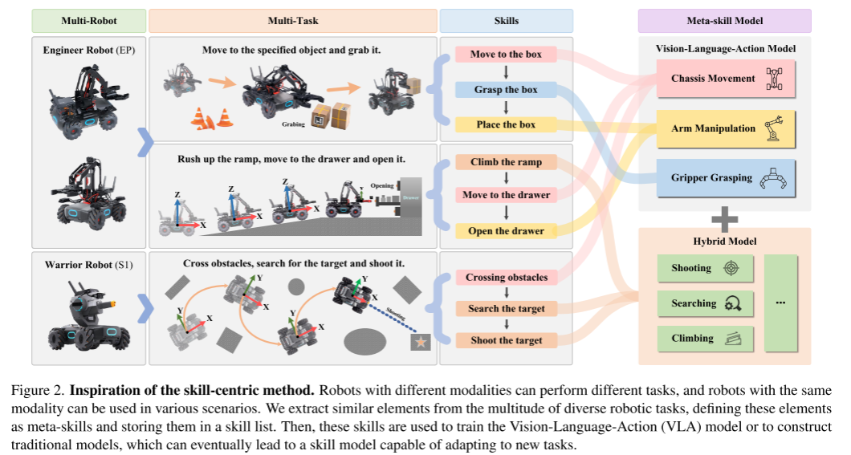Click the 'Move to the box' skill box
click(506, 55)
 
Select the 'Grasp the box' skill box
click(506, 90)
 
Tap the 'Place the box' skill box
click(506, 124)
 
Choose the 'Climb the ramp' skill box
click(506, 162)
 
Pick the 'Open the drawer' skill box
click(506, 231)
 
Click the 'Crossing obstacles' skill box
click(506, 278)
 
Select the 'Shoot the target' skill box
click(506, 340)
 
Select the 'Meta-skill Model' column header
click(724, 19)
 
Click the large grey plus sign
click(724, 217)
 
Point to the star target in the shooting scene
click(419, 343)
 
